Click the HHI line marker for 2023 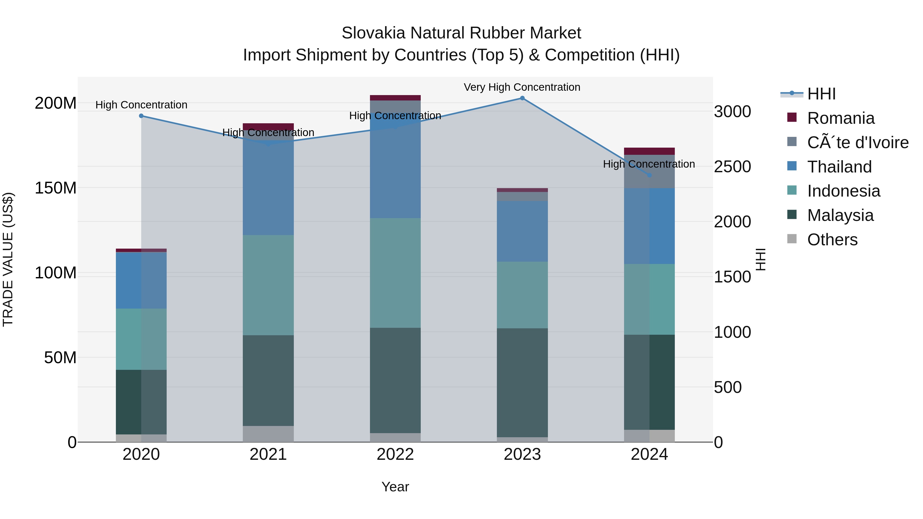click(522, 98)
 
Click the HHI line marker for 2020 click(141, 116)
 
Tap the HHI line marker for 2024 click(649, 175)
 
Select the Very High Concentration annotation click(522, 87)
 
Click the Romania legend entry click(841, 118)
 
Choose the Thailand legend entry click(839, 167)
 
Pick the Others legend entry click(832, 240)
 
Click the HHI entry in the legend click(821, 94)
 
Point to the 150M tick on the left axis click(56, 188)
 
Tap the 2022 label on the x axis click(395, 454)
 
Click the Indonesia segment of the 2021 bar click(268, 285)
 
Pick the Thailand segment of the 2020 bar click(141, 280)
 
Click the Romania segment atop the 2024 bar click(649, 151)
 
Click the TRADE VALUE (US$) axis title click(8, 259)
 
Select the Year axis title click(395, 487)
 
